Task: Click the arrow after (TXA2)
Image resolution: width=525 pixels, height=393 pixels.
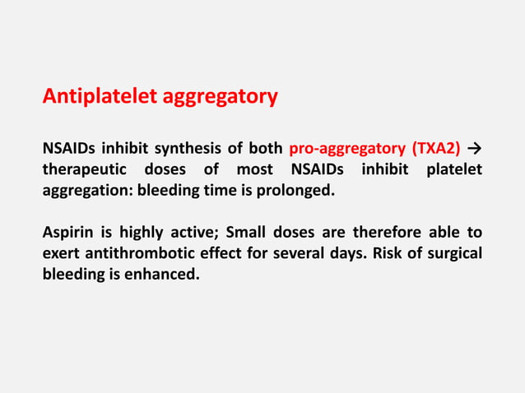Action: [474, 149]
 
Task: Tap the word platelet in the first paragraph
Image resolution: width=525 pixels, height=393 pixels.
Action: [453, 169]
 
